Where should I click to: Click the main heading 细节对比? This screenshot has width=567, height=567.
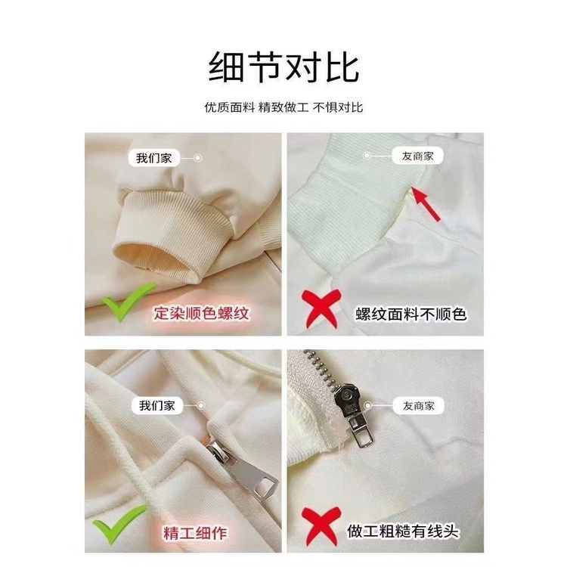point(283,67)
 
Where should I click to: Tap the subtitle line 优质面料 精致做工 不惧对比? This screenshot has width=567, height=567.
point(283,107)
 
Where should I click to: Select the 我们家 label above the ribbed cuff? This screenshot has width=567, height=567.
point(154,158)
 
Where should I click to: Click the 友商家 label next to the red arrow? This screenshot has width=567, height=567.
point(417,156)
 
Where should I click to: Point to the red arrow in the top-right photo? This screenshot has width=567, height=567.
point(426,203)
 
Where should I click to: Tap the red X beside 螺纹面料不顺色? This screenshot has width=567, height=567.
point(321,308)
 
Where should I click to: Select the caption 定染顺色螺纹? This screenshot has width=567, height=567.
point(201,313)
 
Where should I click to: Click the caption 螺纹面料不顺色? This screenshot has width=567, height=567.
point(411,314)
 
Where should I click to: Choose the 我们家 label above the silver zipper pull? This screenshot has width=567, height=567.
point(157,406)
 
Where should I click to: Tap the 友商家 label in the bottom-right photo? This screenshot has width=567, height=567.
point(418,406)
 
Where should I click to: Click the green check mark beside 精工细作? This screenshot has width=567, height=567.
point(119,524)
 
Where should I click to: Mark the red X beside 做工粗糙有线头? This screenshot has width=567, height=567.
point(321,527)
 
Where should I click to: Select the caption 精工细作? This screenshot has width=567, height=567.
point(195,533)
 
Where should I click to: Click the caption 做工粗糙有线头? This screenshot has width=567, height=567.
point(402,531)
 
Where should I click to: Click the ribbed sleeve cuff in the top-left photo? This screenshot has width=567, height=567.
point(174,235)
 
